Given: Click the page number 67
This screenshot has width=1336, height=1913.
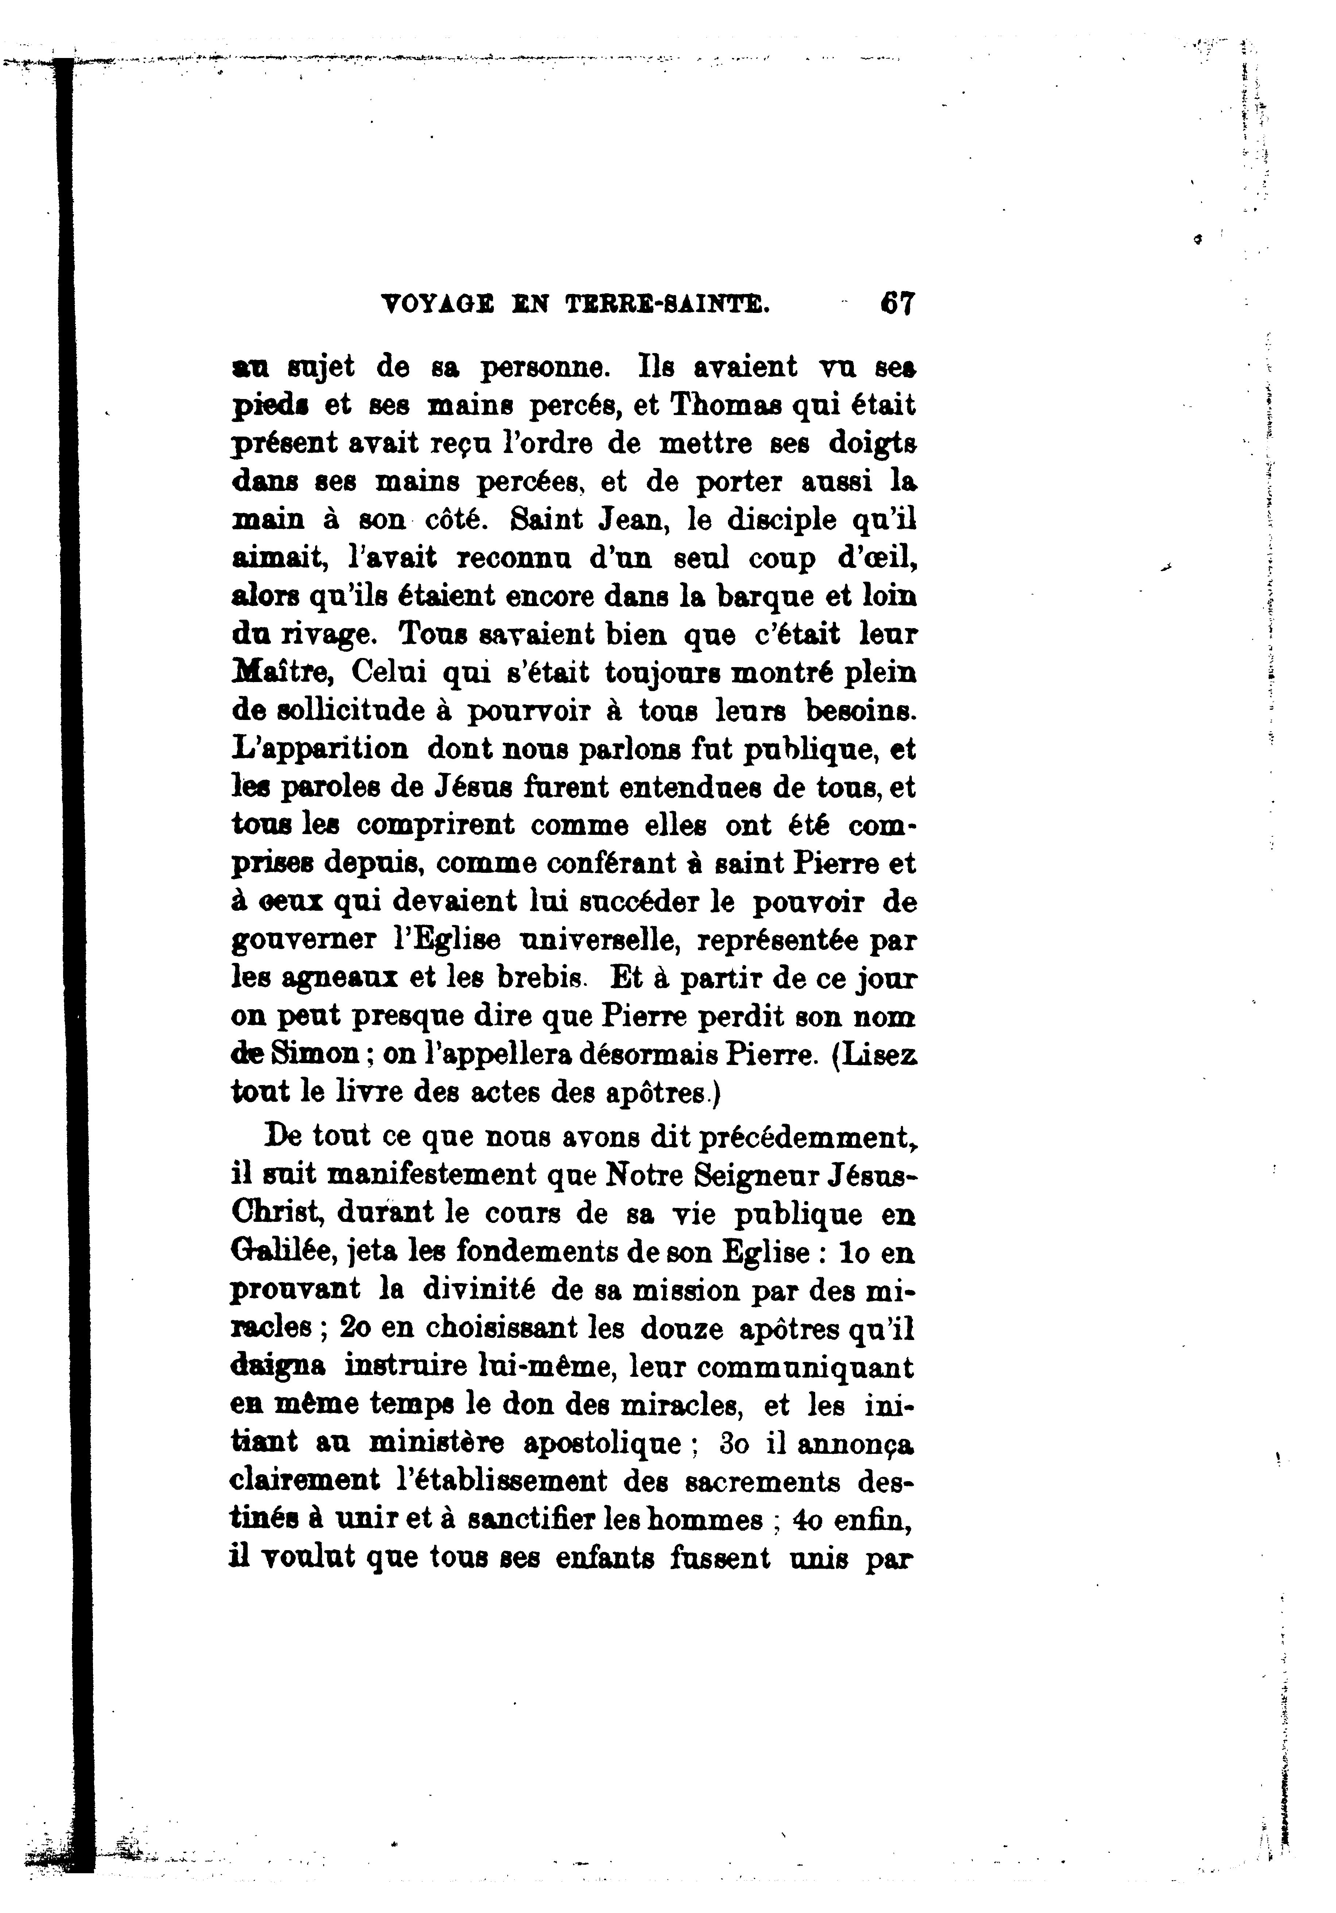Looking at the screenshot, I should [x=897, y=302].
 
